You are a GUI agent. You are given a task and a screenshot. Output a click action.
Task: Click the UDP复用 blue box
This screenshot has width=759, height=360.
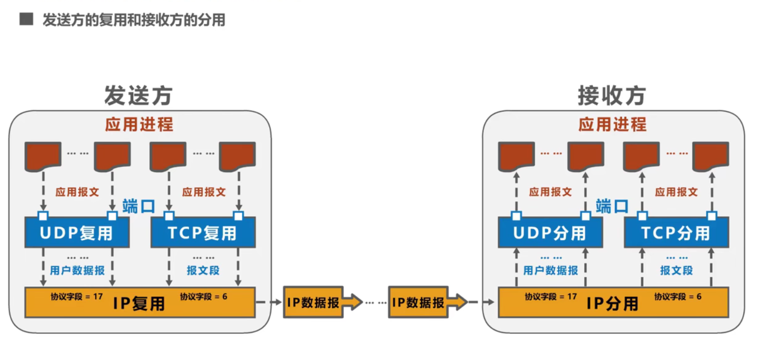coord(77,233)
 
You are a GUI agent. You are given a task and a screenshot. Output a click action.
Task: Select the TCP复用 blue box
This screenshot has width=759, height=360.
coord(202,233)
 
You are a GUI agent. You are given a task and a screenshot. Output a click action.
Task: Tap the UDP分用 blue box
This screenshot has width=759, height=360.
coord(550,233)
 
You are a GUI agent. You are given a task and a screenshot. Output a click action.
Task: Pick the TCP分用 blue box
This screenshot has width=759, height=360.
coord(676,233)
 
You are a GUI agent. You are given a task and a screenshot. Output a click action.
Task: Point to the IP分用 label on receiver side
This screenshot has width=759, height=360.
coord(612,303)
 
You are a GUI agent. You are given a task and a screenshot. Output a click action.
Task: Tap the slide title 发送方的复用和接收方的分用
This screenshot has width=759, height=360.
coord(134,20)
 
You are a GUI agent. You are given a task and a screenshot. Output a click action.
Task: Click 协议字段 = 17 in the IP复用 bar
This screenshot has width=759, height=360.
coord(76,297)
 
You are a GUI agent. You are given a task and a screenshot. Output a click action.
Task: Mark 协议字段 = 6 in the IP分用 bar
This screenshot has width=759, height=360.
coord(678,297)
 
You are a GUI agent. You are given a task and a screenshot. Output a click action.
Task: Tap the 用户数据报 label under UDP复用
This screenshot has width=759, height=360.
coord(77,270)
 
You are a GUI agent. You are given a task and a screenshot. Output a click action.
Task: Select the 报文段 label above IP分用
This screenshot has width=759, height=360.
coord(676,270)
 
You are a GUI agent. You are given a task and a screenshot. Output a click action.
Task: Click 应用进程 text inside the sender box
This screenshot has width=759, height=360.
coord(139,124)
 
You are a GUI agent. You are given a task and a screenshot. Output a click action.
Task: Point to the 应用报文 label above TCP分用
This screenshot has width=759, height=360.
coord(676,192)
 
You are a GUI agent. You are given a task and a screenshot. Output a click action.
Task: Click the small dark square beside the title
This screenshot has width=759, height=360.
coord(26,20)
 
